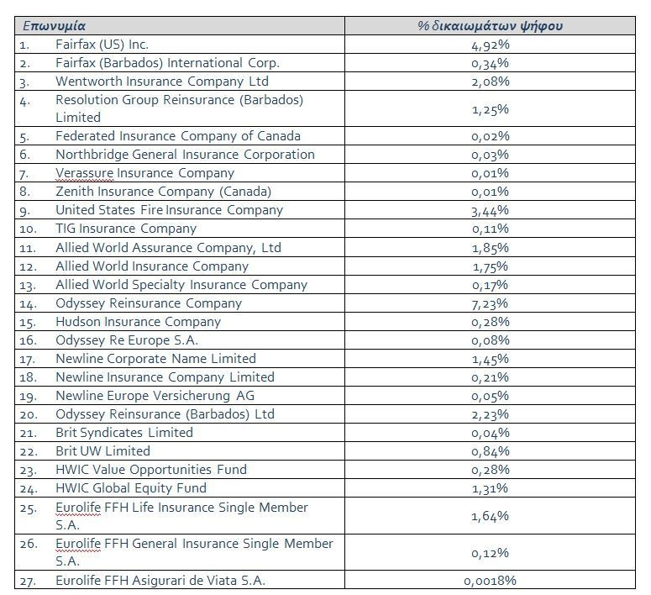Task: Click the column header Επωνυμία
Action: (54, 26)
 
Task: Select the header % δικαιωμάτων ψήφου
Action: (491, 26)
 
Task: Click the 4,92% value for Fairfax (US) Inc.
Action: (491, 45)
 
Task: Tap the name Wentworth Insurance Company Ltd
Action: (162, 82)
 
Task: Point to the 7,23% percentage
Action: (490, 303)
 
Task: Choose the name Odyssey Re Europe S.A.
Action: (127, 340)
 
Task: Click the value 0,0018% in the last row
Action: (490, 581)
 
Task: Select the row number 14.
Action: (28, 304)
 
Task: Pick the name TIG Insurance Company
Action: (126, 229)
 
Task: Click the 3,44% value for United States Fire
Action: (490, 211)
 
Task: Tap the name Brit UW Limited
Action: (102, 450)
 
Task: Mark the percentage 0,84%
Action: (491, 451)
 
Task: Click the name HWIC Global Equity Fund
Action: (131, 487)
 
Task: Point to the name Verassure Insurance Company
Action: (144, 173)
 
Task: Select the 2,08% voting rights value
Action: (491, 82)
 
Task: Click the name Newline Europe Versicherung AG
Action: (155, 396)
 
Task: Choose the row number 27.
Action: (28, 582)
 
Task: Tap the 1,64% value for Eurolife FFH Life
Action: (490, 516)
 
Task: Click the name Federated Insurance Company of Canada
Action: (178, 136)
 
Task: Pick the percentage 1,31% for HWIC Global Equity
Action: (490, 488)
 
